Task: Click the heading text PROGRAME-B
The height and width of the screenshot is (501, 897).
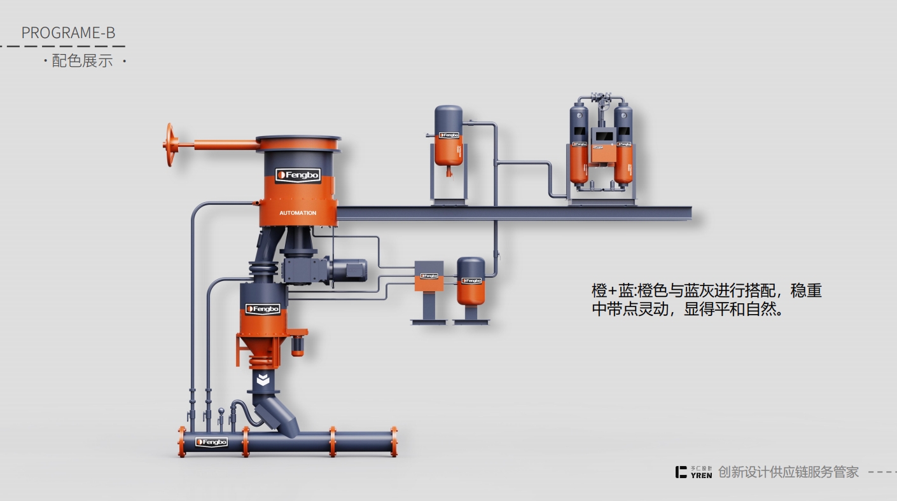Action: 68,33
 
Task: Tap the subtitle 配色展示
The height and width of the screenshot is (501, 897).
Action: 82,61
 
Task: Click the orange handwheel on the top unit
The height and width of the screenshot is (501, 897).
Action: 169,145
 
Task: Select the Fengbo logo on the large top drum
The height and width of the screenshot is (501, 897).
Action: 298,175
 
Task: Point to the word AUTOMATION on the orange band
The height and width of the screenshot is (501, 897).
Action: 298,213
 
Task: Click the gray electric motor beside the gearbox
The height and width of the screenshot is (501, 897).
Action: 347,270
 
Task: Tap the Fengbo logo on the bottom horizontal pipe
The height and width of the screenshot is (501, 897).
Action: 212,442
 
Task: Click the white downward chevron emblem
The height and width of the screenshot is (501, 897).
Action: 263,380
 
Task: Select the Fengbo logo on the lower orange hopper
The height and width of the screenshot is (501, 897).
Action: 263,309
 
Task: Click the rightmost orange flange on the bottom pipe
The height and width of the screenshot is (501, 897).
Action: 394,441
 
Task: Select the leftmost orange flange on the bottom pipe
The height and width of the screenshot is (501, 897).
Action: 182,441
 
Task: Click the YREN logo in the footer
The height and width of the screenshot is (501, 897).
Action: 694,472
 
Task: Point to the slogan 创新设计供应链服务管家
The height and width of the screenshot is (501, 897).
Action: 788,472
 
